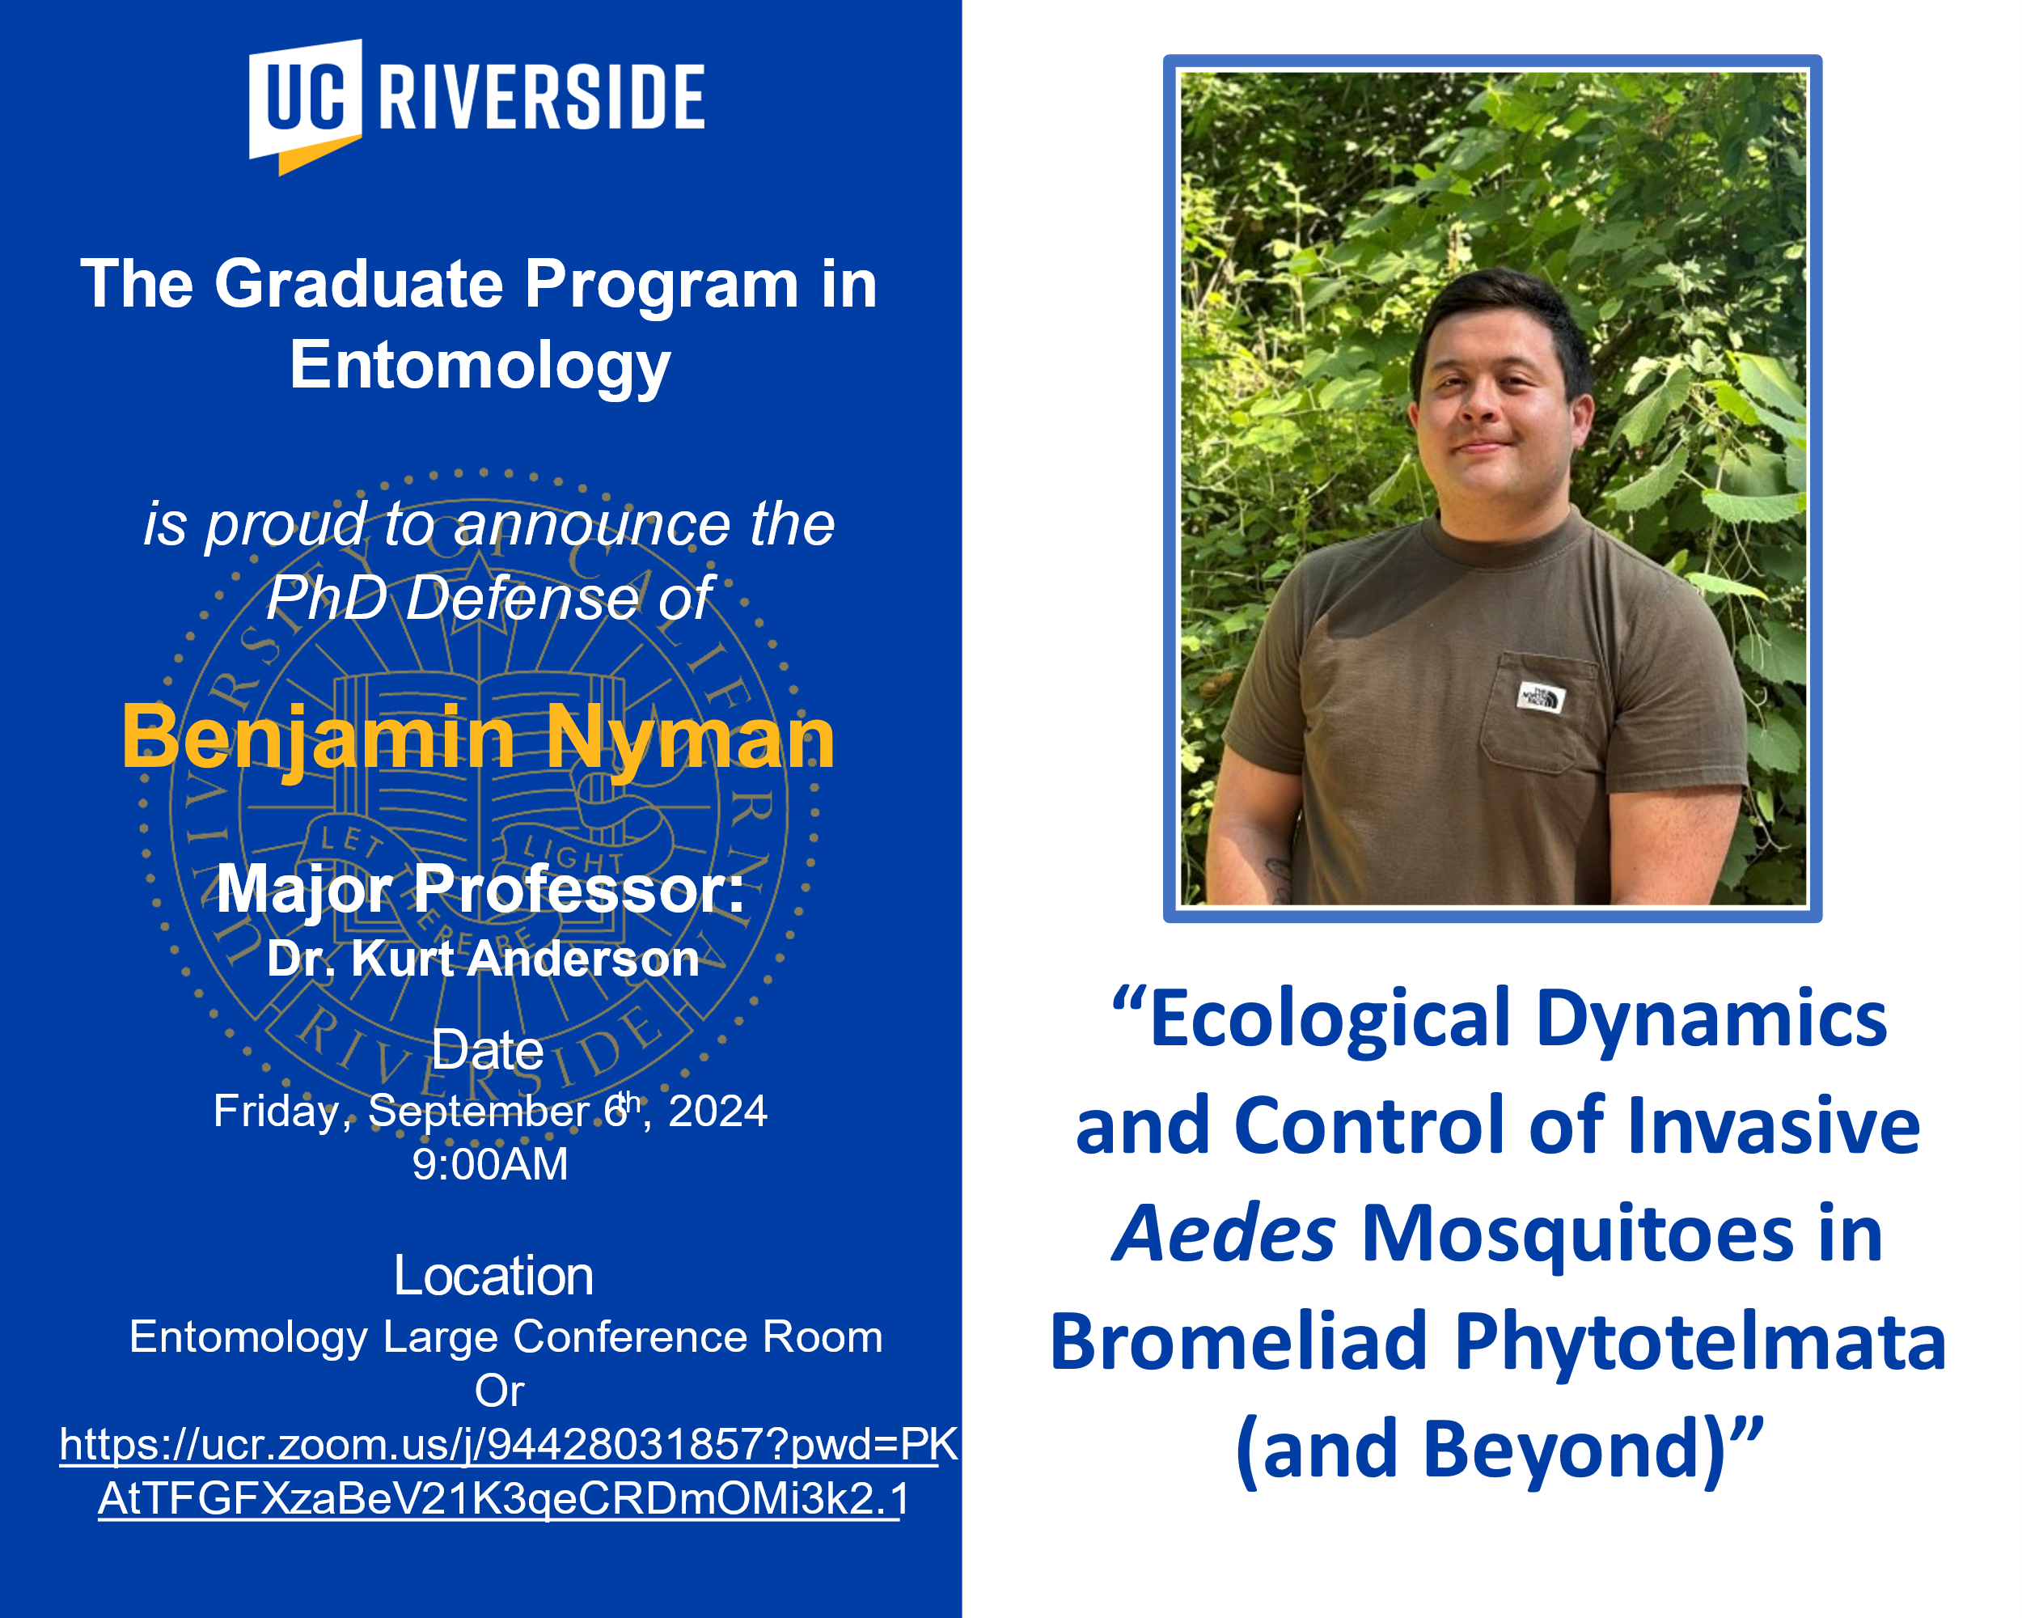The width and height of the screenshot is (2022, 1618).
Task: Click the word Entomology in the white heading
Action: coord(480,366)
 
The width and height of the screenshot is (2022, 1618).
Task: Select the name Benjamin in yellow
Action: coord(318,738)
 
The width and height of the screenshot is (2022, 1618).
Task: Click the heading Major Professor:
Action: coord(480,889)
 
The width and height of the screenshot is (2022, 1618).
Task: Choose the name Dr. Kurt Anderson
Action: coord(483,959)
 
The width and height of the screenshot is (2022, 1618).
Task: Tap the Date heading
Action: coord(488,1049)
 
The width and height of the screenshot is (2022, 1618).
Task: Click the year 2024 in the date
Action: coord(717,1112)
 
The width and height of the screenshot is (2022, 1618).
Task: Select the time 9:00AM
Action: coord(490,1164)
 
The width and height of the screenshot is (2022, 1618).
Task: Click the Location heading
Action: coord(493,1276)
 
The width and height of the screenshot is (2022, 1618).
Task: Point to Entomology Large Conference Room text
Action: coord(505,1336)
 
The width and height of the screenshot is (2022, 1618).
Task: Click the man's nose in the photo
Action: coord(1480,404)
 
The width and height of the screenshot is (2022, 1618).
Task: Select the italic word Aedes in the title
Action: coord(1224,1235)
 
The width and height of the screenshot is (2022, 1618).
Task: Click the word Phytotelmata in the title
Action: coord(1700,1342)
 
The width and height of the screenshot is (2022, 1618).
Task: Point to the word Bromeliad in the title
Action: coord(1239,1342)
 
